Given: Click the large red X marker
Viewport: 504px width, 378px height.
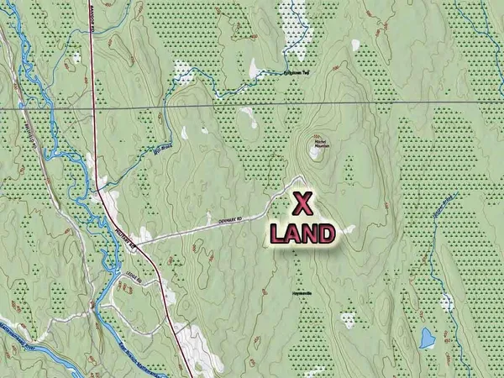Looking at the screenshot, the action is [x=303, y=203].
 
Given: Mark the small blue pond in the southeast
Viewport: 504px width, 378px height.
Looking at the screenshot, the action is [x=427, y=339].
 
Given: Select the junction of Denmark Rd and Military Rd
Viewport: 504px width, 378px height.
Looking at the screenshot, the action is [x=137, y=244].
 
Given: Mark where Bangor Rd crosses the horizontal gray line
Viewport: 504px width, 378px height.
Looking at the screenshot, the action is [x=92, y=108].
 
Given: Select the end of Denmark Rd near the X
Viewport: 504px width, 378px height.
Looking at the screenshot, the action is [x=300, y=177].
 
